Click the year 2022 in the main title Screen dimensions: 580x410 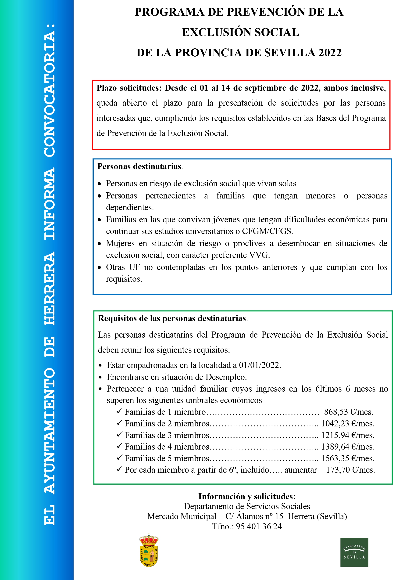click(x=330, y=53)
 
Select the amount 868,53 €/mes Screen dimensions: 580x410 click(x=348, y=412)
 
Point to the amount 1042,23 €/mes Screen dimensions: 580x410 click(x=348, y=424)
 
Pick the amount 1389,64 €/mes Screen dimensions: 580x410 click(x=348, y=447)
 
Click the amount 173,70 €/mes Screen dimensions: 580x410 click(x=350, y=470)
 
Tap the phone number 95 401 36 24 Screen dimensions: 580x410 click(x=259, y=526)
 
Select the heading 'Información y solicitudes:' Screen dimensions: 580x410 click(x=247, y=497)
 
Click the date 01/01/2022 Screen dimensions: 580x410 click(x=260, y=365)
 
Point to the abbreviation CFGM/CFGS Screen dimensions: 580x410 click(x=267, y=231)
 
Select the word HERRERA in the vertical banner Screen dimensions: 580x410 click(x=50, y=288)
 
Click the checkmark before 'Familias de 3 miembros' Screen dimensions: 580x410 click(x=119, y=435)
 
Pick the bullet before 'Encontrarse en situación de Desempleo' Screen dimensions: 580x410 click(x=100, y=377)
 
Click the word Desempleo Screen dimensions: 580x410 click(x=226, y=377)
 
